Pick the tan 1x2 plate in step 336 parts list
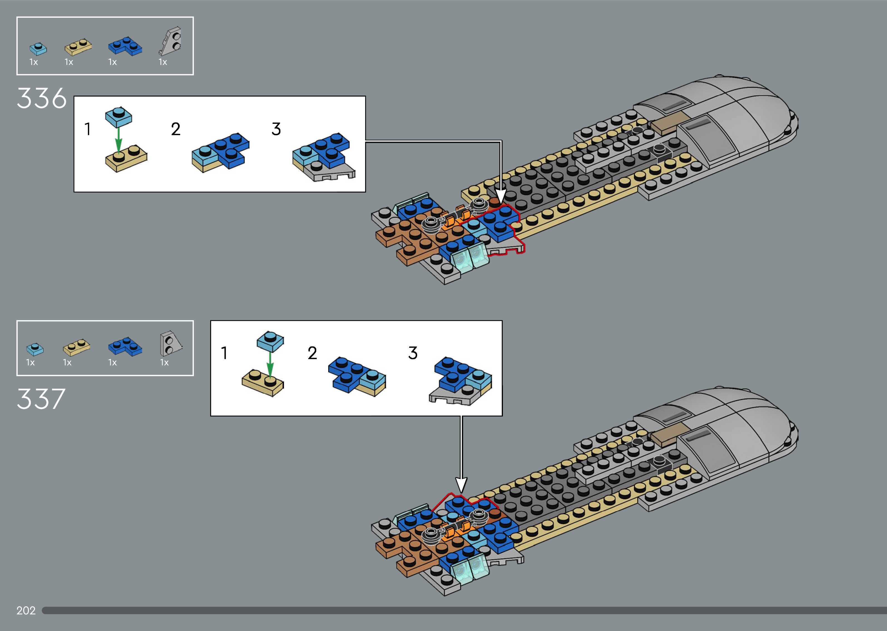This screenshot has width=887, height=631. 78,47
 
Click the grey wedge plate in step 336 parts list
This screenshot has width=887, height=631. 171,42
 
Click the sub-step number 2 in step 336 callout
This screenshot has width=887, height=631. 176,129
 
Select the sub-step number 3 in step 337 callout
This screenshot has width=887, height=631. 413,353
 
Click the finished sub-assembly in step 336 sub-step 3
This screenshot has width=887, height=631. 323,158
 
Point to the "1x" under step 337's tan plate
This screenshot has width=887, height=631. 67,363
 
